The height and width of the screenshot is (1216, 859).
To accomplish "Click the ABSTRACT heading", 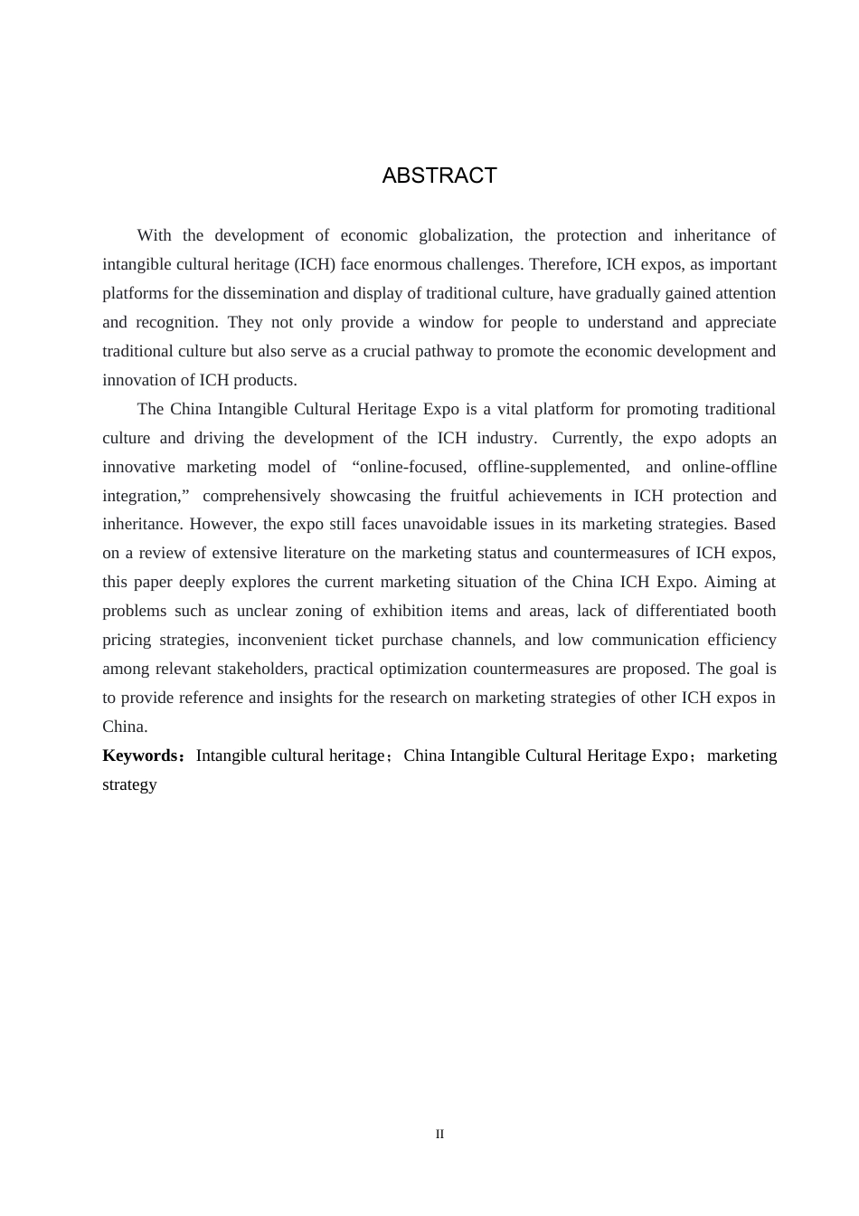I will pos(439,176).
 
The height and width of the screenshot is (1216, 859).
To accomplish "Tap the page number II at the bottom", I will pos(439,1135).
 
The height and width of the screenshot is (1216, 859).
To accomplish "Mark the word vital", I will pos(515,409).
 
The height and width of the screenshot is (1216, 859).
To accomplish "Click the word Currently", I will pos(587,438).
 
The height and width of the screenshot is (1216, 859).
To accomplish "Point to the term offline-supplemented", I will pos(553,467).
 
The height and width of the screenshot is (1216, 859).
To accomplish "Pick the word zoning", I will pos(319,611).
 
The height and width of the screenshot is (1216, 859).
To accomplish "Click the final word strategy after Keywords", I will pos(129,784).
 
